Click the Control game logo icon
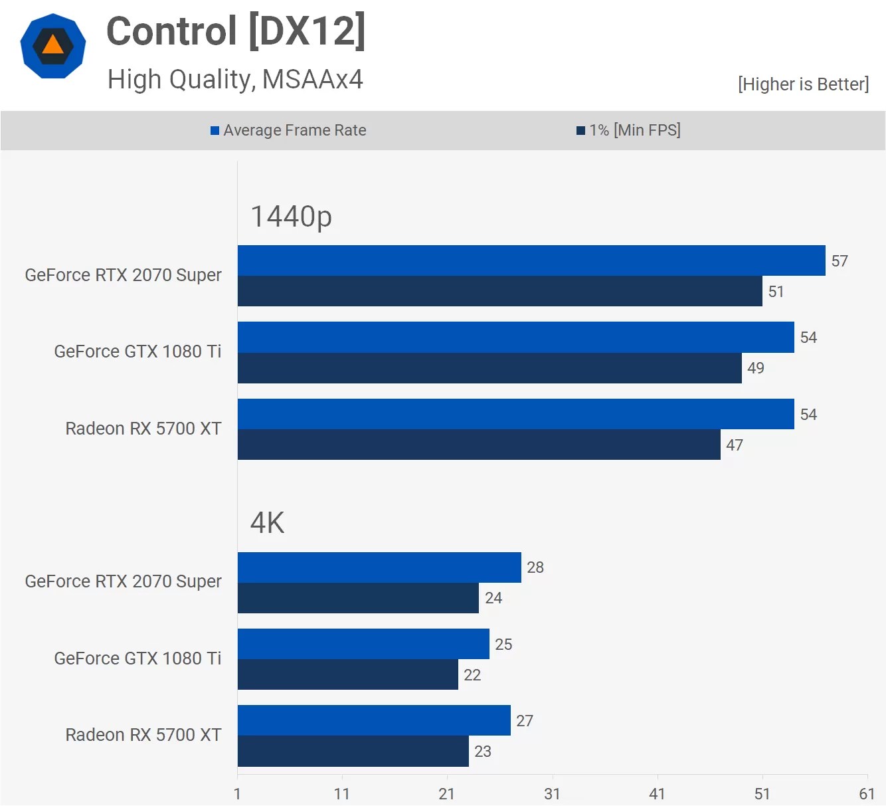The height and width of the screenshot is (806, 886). [x=53, y=47]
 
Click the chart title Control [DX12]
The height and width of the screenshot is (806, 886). [x=236, y=31]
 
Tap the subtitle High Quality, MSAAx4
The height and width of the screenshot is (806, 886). [x=235, y=80]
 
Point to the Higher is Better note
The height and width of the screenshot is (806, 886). [x=803, y=84]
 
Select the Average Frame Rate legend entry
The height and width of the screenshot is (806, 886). [x=289, y=130]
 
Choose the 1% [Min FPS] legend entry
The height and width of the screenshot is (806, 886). [x=629, y=130]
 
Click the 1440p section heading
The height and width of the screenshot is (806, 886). [x=291, y=217]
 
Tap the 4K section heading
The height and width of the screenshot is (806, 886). [x=267, y=523]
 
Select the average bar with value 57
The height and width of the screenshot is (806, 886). [x=531, y=260]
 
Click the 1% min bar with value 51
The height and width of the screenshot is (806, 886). [x=499, y=291]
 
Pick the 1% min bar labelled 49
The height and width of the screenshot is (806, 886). [x=489, y=368]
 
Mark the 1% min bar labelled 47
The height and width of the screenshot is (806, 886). [x=479, y=445]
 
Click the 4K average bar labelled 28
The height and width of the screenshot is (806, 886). [x=379, y=567]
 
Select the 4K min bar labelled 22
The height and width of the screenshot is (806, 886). [x=348, y=674]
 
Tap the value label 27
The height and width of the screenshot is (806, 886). [x=525, y=721]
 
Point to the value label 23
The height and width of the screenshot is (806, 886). [x=483, y=752]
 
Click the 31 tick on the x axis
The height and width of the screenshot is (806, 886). [x=552, y=793]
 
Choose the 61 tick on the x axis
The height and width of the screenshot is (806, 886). [x=867, y=793]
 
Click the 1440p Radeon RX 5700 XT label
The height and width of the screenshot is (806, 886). [x=143, y=429]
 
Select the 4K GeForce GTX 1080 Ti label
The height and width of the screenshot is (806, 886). [x=137, y=658]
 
